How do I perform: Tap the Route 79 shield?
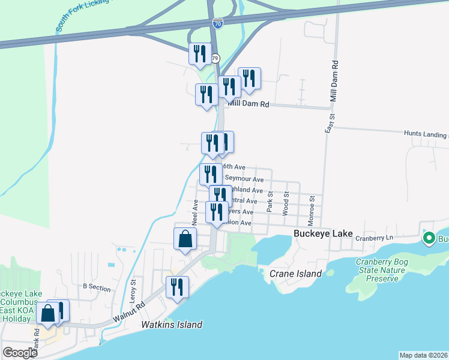[215, 58]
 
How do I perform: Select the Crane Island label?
[295, 274]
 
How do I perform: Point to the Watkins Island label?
[172, 325]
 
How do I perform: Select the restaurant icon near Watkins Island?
[177, 287]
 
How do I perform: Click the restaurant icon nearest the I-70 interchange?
[200, 53]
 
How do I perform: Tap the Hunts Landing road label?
[426, 134]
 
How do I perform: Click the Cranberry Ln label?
[373, 238]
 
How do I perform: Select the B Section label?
[97, 287]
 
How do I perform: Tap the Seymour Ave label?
[244, 179]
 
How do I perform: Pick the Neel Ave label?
[195, 209]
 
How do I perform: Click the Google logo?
[20, 352]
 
